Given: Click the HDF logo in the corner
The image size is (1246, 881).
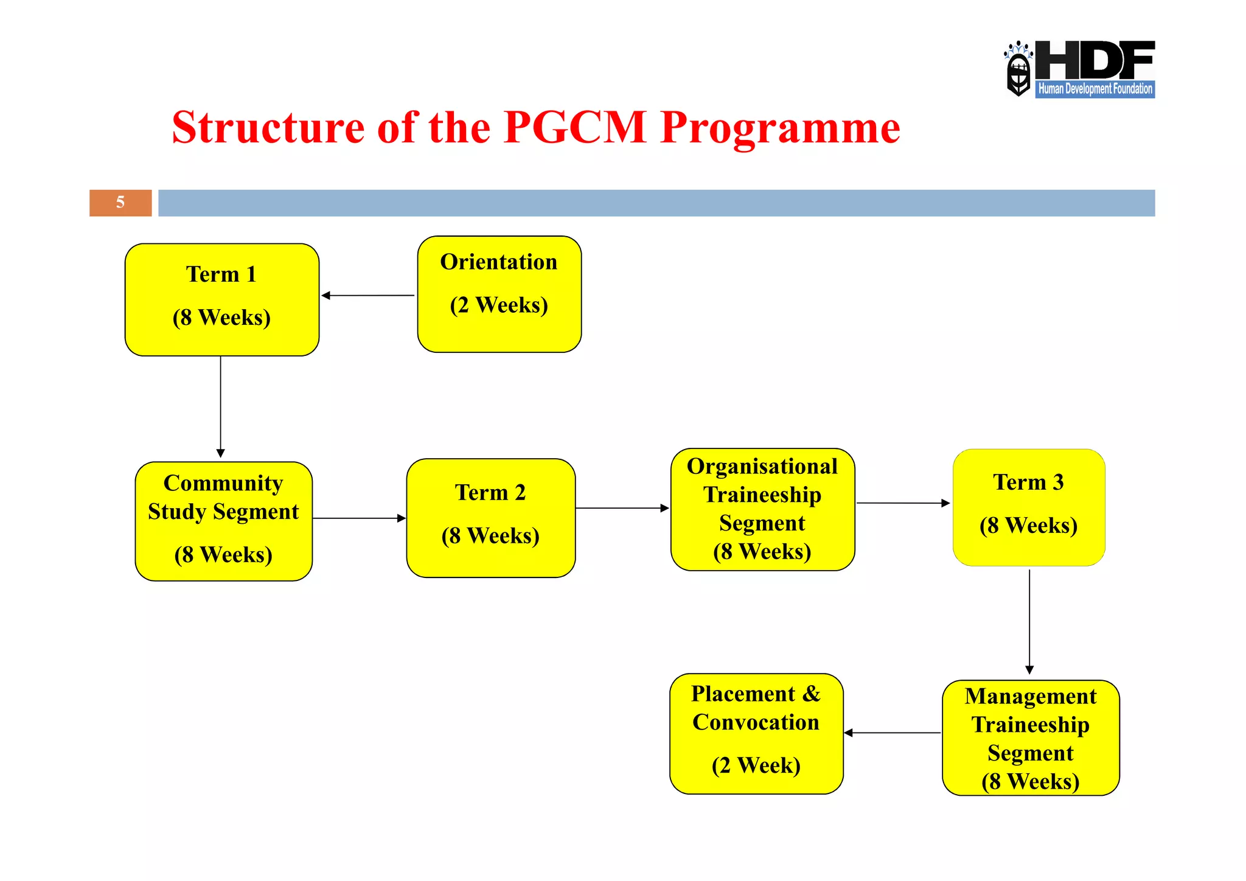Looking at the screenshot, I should (x=1079, y=69).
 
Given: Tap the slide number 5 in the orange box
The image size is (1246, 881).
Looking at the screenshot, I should (x=120, y=203).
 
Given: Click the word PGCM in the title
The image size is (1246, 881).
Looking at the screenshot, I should (x=575, y=127).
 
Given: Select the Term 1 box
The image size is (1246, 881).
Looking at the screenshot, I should (x=222, y=299).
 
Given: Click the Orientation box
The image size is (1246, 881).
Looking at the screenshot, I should (x=499, y=294).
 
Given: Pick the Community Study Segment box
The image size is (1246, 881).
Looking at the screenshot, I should (x=223, y=521).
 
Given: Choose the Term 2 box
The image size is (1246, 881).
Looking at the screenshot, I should (x=490, y=518).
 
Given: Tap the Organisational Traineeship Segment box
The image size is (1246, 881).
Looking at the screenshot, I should (x=762, y=509).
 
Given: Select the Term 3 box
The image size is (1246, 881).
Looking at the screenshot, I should (x=1028, y=507).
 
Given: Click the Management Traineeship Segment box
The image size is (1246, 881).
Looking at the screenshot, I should (x=1030, y=737).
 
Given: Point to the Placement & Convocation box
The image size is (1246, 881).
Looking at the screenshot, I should (x=756, y=733).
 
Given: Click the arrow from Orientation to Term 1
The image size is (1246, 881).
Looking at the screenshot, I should (x=368, y=296).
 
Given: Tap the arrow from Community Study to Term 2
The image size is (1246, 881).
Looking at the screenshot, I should (x=359, y=518).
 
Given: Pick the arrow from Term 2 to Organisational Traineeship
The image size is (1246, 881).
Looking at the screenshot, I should (x=622, y=508).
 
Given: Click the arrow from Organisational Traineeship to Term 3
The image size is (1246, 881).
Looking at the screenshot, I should (x=903, y=503).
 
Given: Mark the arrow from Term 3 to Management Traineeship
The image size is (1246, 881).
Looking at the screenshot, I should (x=1029, y=621).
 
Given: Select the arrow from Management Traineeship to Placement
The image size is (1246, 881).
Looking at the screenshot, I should (x=893, y=733).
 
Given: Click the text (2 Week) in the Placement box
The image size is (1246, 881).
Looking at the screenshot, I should (x=756, y=765).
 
